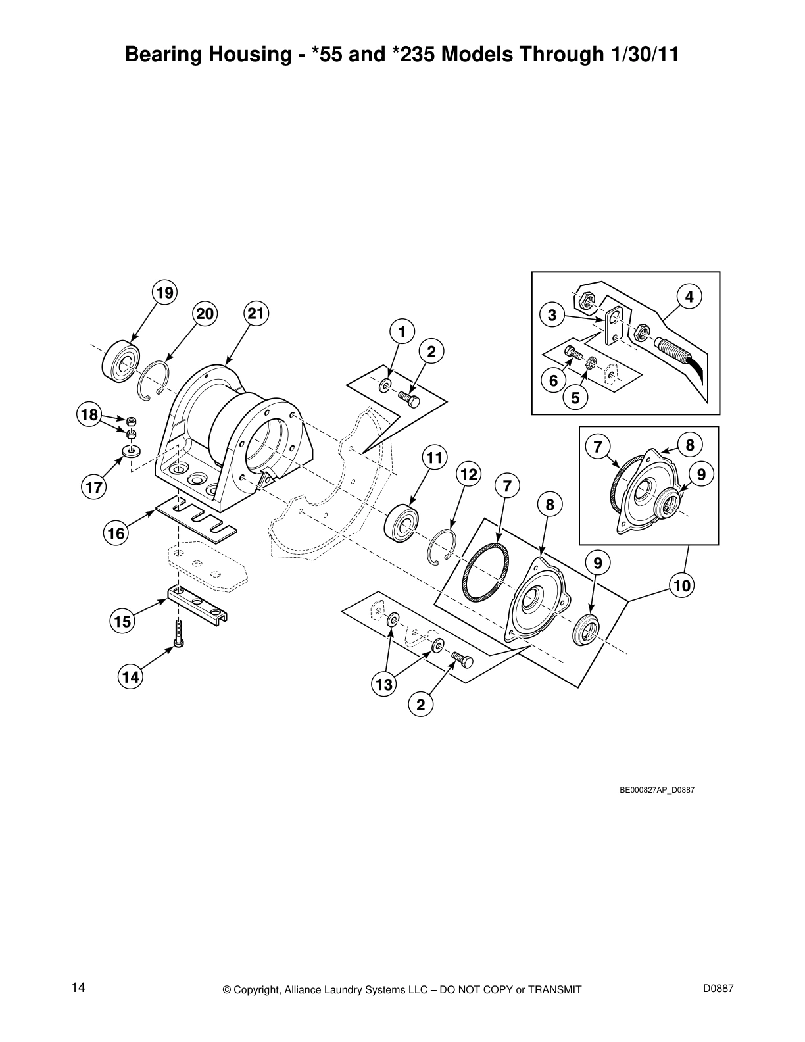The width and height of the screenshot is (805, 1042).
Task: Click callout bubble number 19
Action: pos(164,292)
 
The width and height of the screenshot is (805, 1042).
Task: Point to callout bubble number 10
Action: pos(683,585)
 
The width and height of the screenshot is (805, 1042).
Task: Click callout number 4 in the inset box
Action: pos(689,297)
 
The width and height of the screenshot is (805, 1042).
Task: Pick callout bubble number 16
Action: pos(116,533)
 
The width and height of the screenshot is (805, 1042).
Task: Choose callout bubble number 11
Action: pos(434,456)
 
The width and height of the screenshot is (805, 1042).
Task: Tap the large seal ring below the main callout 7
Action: pos(485,570)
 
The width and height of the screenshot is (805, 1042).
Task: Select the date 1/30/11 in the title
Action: pos(640,55)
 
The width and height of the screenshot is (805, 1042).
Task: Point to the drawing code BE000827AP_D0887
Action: pos(657,790)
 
